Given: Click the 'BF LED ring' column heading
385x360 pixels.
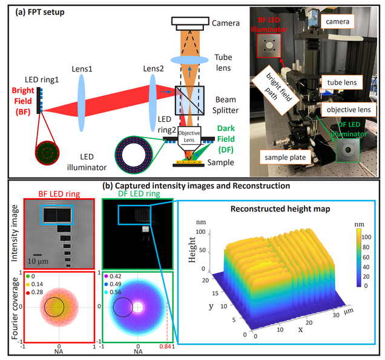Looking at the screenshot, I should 53,194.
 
